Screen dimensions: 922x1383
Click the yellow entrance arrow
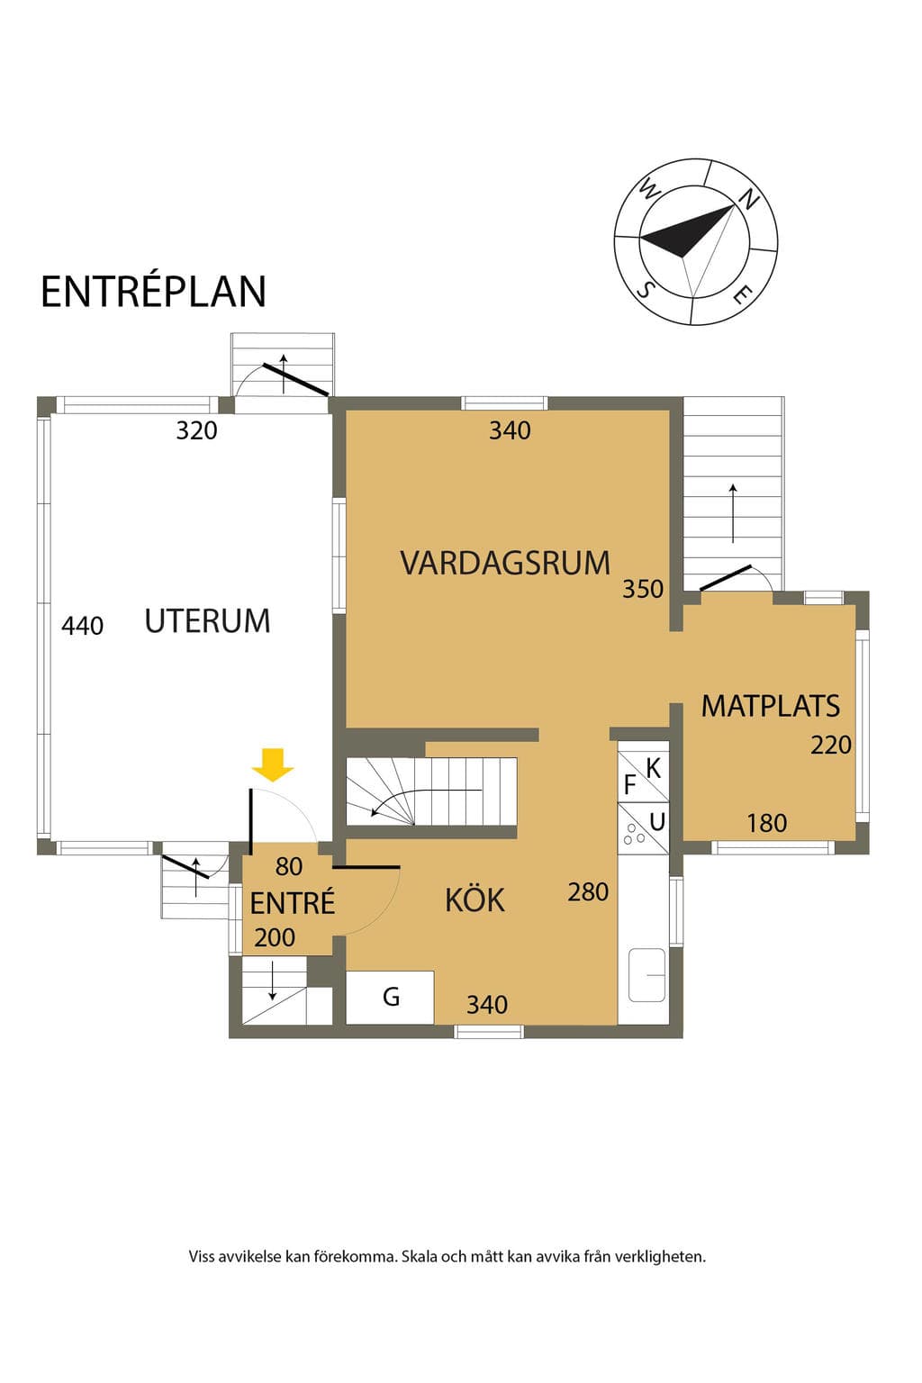(273, 765)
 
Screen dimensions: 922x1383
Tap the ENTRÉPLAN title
(153, 292)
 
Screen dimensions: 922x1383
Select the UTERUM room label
(207, 620)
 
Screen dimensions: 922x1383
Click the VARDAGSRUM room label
(505, 563)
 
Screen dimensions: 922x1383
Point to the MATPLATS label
(770, 706)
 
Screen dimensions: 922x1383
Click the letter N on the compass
(749, 199)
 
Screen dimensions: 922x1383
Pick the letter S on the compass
(646, 288)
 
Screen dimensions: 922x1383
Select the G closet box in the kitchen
(390, 997)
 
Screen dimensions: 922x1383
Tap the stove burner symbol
(634, 834)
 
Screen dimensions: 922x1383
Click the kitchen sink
(646, 975)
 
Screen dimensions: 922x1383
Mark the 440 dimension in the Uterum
(82, 626)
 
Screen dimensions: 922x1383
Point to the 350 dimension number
(643, 589)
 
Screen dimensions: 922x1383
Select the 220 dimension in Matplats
(831, 746)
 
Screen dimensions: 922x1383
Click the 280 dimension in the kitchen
(588, 891)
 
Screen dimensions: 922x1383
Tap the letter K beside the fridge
(654, 769)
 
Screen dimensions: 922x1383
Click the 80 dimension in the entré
(289, 866)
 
